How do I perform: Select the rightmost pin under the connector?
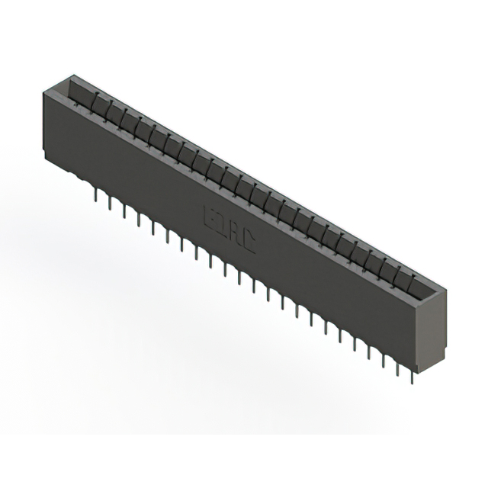point(412,374)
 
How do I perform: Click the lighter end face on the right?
point(432,328)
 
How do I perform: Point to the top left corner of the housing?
point(43,90)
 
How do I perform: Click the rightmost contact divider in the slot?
point(413,284)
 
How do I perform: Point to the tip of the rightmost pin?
point(412,382)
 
